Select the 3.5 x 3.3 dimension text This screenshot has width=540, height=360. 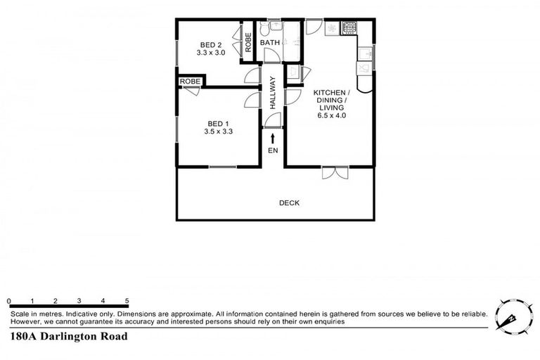pyautogui.click(x=217, y=131)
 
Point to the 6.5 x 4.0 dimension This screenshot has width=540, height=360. pyautogui.click(x=330, y=115)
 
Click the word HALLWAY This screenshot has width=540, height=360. pyautogui.click(x=273, y=91)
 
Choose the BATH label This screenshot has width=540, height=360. pyautogui.click(x=271, y=43)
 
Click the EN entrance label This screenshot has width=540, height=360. pyautogui.click(x=273, y=150)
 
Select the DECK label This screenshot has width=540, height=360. pyautogui.click(x=289, y=203)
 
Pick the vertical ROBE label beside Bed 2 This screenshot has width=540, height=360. pyautogui.click(x=248, y=43)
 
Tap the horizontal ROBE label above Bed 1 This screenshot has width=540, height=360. pyautogui.click(x=189, y=82)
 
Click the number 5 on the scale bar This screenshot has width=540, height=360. pyautogui.click(x=127, y=300)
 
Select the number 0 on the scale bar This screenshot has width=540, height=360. pyautogui.click(x=9, y=300)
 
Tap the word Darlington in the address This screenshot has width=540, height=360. pyautogui.click(x=70, y=336)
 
